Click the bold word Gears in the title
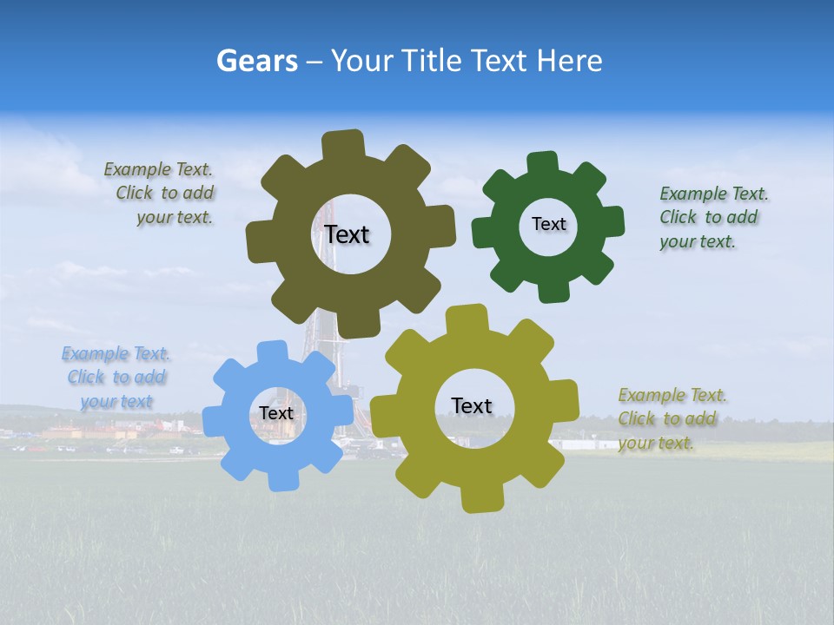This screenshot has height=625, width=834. pos(256,61)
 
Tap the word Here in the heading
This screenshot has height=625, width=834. pos(569,61)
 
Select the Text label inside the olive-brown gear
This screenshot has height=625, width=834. pos(347,234)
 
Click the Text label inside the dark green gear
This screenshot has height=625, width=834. pos(548,224)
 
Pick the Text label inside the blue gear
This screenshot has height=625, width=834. pos(276,413)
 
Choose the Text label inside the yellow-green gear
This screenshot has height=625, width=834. pos(472,405)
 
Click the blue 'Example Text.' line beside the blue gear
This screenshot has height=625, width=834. pos(116,353)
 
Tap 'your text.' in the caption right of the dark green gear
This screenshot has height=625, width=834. pos(697,241)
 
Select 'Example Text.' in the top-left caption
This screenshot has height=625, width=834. pos(158,169)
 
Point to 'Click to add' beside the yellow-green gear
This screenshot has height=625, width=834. pos(667,418)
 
